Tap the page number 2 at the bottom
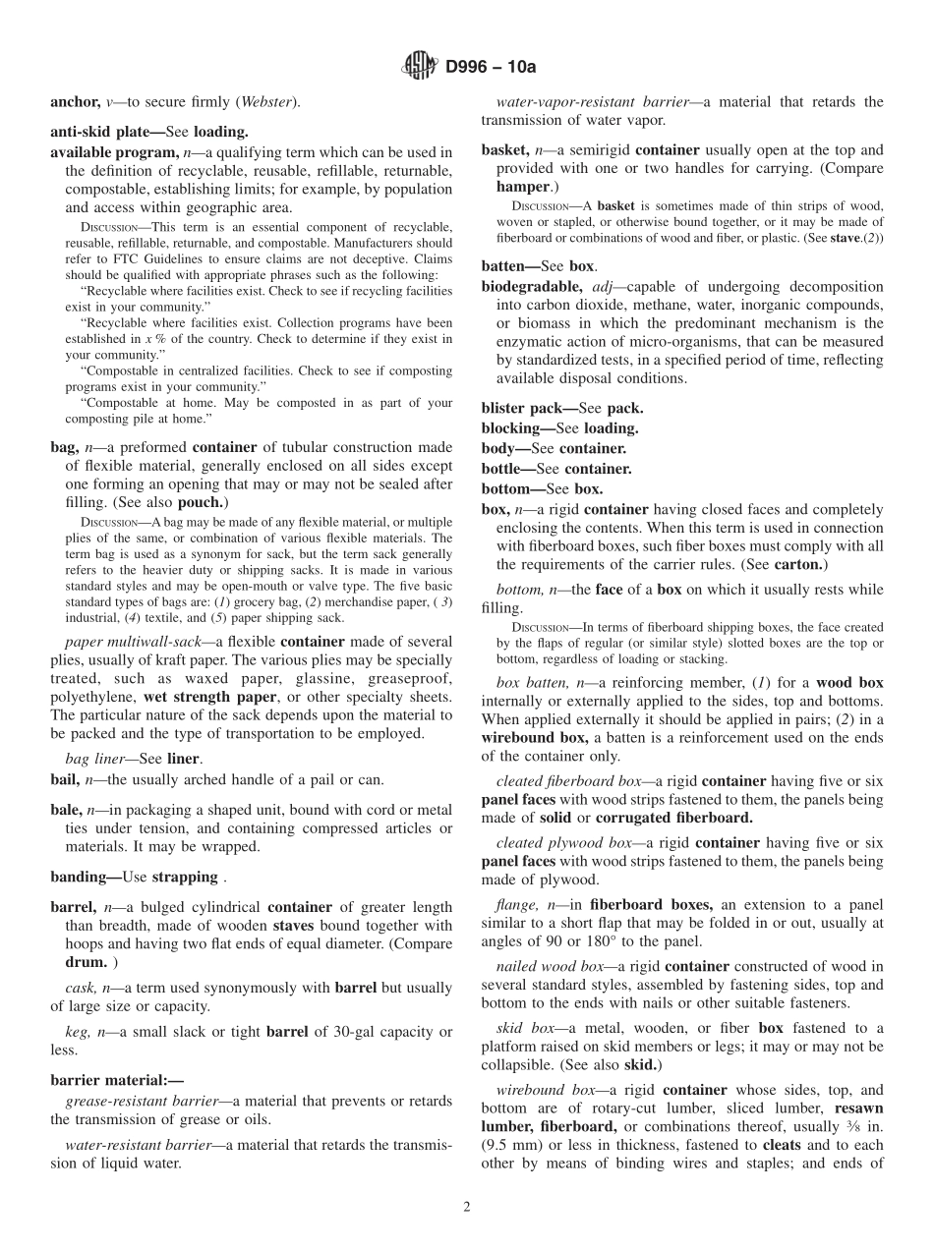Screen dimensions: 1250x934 point(467,1208)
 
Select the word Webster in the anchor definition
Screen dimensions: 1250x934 point(265,102)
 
